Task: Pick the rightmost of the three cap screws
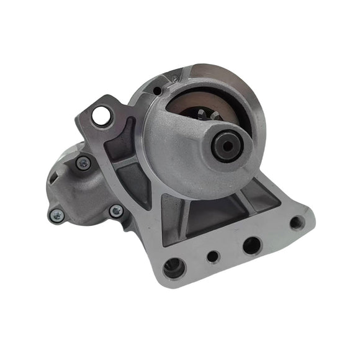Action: tap(115, 211)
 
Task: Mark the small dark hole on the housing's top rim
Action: tap(159, 91)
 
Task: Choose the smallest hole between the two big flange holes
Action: tap(214, 256)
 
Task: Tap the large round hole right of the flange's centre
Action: tap(251, 245)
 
